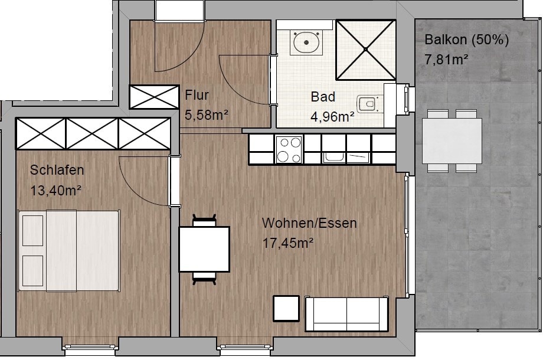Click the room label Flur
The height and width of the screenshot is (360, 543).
pos(197,95)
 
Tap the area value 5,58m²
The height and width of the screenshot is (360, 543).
pos(207,114)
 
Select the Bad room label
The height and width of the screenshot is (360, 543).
pos(323,97)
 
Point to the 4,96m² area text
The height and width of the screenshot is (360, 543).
pos(332,117)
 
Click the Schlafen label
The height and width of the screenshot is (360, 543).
pos(57,170)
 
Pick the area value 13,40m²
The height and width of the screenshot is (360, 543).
pos(55,190)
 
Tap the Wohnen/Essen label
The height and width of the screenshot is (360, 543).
pos(309,223)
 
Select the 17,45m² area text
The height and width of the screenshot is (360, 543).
pos(288,243)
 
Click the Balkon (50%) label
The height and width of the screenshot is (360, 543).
pos(466,40)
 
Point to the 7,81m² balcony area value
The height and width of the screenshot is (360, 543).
pos(446,60)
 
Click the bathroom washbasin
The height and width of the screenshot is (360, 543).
pos(306,42)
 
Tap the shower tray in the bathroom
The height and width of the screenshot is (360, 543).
pos(366,50)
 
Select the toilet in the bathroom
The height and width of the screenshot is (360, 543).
pos(370,103)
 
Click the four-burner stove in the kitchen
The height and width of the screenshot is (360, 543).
pos(289,149)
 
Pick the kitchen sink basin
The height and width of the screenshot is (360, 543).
pos(334,156)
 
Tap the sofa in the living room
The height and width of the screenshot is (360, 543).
pos(346,313)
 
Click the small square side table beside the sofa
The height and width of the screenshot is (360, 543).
pos(286,309)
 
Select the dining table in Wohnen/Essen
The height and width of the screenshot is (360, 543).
pos(204,249)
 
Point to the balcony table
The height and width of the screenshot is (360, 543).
pos(452,140)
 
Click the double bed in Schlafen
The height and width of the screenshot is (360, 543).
pos(69,251)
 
